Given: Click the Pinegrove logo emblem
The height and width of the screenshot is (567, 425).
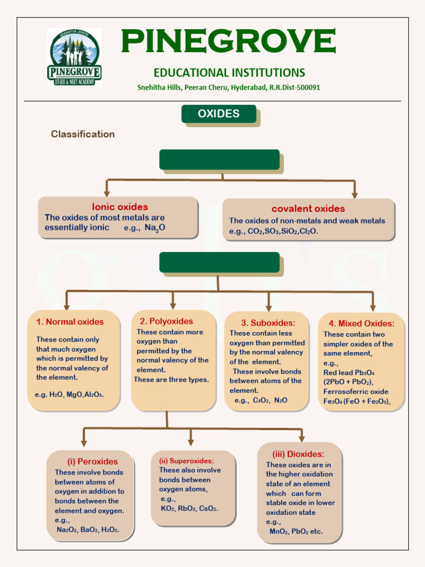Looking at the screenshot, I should [74, 57].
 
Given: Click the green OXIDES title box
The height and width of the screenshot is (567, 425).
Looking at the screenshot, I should [219, 114].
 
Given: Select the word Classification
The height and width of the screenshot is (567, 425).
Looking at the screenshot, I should [83, 134].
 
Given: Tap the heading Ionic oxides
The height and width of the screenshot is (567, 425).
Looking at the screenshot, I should [120, 207].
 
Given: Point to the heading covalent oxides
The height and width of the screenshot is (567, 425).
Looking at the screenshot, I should [308, 209].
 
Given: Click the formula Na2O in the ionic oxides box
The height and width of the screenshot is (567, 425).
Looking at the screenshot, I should [155, 228].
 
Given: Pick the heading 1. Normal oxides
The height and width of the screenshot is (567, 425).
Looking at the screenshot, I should [70, 322].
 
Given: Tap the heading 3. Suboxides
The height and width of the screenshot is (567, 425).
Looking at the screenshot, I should [268, 323].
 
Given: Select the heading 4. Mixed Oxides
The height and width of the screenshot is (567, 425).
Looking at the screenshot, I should [361, 323].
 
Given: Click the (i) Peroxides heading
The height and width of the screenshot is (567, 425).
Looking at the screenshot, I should [92, 461].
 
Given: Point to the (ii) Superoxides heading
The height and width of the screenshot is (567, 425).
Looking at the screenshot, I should [186, 461].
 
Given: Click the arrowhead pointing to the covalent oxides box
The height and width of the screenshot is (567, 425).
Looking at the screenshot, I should [355, 195].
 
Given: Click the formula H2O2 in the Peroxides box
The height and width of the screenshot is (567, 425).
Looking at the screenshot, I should [110, 530].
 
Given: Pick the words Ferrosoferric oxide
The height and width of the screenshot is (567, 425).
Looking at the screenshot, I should [356, 392].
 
